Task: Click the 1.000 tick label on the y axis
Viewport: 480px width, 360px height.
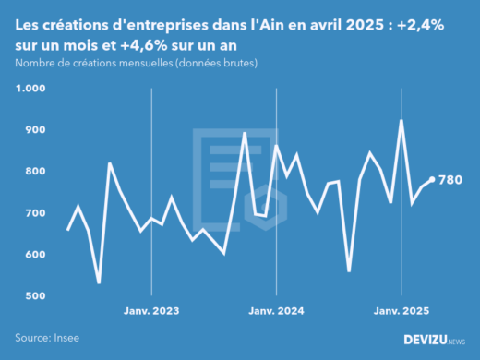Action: [30, 89]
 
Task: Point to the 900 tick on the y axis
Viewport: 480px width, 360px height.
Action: [34, 130]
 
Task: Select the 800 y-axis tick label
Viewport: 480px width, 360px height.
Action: [34, 172]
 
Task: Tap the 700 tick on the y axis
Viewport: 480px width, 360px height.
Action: [34, 213]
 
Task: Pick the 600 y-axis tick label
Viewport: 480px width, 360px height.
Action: [34, 255]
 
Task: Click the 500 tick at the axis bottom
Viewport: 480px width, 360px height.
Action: [34, 296]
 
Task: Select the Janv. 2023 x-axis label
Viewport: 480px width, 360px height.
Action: [151, 311]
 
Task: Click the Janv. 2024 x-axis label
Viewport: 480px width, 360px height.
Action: [276, 311]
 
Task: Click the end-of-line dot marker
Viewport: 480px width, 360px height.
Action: [432, 180]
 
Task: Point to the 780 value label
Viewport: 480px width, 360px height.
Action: [450, 180]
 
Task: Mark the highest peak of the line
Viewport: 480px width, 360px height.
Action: [402, 120]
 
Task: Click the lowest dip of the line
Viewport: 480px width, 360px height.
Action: [99, 282]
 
